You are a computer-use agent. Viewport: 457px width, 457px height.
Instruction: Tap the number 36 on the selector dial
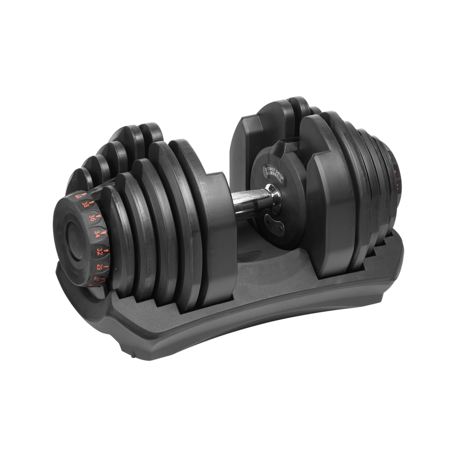click(92, 218)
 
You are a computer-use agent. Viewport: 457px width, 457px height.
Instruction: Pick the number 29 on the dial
click(99, 267)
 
